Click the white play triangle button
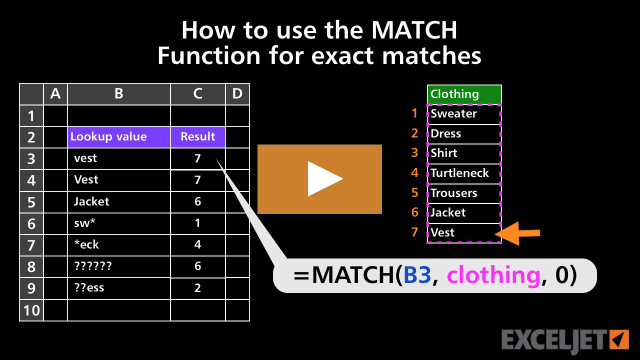click(324, 178)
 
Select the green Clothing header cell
click(464, 94)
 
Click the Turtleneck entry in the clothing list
click(464, 173)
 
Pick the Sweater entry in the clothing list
click(464, 114)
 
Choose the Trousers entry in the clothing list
click(464, 193)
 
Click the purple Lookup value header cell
click(119, 137)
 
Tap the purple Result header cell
click(198, 137)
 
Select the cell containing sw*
click(119, 223)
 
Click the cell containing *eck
click(119, 244)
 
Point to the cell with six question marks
click(119, 266)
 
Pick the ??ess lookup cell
click(119, 288)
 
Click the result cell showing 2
click(198, 288)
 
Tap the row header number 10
click(31, 310)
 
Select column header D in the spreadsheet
click(237, 94)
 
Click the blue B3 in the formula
click(417, 275)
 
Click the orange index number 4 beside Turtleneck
click(414, 173)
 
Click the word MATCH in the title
click(414, 30)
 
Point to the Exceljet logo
click(564, 340)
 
